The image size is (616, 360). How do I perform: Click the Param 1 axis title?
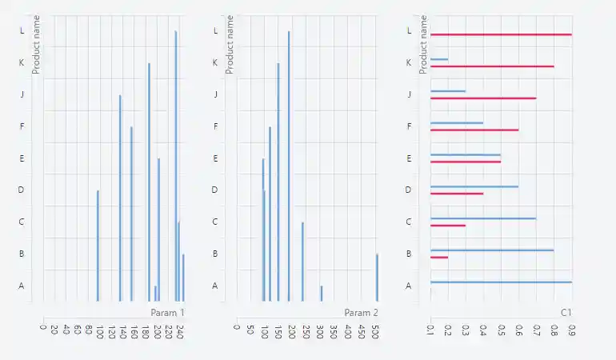click(167, 312)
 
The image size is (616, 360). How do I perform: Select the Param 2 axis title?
click(361, 312)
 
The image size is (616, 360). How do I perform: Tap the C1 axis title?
click(566, 312)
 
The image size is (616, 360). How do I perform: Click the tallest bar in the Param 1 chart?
click(176, 160)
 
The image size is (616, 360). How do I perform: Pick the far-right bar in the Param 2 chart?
click(377, 277)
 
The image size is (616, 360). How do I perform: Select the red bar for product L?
click(501, 34)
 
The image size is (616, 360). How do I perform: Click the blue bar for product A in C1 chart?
click(501, 282)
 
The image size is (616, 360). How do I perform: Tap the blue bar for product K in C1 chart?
click(439, 59)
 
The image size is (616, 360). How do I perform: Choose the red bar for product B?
click(439, 258)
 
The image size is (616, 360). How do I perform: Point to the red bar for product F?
click(474, 130)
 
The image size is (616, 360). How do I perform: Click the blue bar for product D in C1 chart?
click(474, 186)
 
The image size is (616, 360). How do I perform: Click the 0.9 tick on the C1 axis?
click(570, 330)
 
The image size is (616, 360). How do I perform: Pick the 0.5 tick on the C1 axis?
click(500, 330)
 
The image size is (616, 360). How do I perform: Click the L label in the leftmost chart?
click(22, 30)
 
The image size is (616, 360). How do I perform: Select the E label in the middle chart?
click(215, 158)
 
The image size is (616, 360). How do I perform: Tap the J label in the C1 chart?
click(409, 94)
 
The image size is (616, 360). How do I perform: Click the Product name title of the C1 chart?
click(423, 44)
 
